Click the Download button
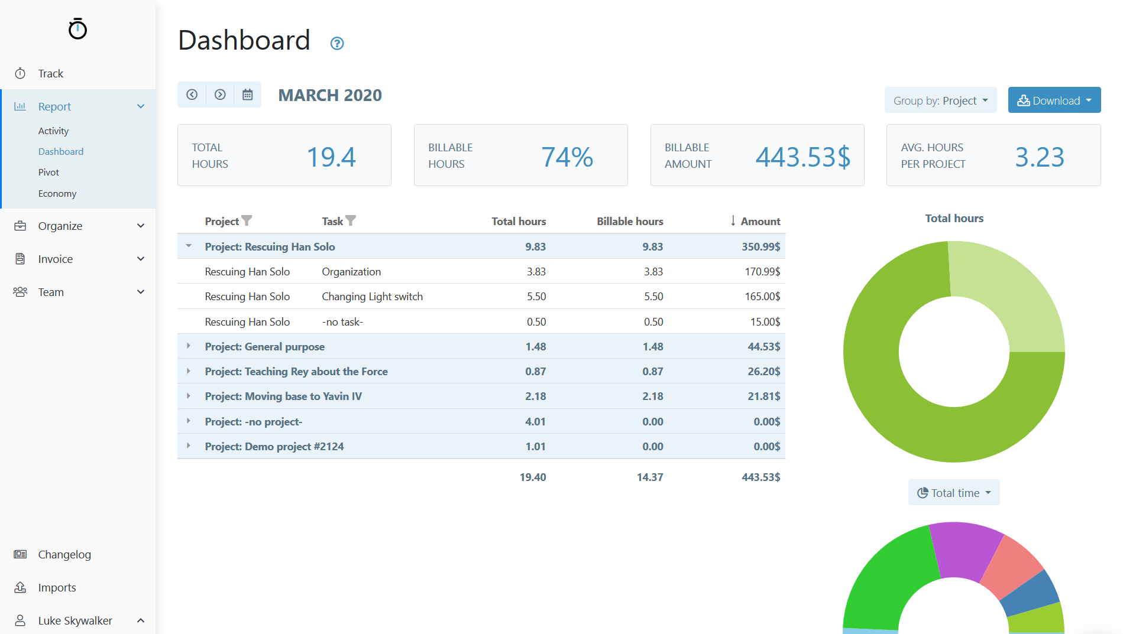pyautogui.click(x=1054, y=100)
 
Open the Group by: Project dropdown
pyautogui.click(x=940, y=100)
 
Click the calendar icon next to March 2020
pyautogui.click(x=247, y=95)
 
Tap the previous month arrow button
pyautogui.click(x=192, y=95)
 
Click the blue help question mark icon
pyautogui.click(x=337, y=43)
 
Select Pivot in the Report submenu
pyautogui.click(x=48, y=173)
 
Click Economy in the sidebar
pyautogui.click(x=57, y=194)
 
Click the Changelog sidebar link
pyautogui.click(x=64, y=554)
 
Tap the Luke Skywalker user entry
pyautogui.click(x=75, y=620)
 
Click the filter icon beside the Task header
pyautogui.click(x=351, y=220)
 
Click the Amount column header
pyautogui.click(x=760, y=222)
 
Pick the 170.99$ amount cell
pyautogui.click(x=762, y=272)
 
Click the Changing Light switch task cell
pyautogui.click(x=372, y=297)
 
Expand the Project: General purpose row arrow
pyautogui.click(x=189, y=346)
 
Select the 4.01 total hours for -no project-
pyautogui.click(x=535, y=422)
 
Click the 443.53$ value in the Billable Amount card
pyautogui.click(x=802, y=157)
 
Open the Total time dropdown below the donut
pyautogui.click(x=953, y=493)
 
